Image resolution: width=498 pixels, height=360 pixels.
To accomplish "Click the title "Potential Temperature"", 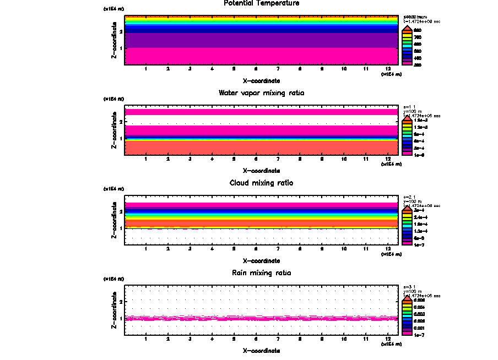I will (x=262, y=3).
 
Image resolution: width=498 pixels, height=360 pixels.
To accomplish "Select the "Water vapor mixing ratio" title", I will (x=262, y=92).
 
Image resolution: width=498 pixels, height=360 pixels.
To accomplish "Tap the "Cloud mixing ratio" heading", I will (x=262, y=182).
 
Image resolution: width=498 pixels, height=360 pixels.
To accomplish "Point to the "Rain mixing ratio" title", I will (x=262, y=272).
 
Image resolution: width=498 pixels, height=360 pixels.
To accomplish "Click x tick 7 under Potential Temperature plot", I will (x=278, y=69).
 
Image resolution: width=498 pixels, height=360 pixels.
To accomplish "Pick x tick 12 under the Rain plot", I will (x=388, y=339).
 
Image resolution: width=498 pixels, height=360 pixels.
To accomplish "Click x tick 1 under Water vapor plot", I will (x=145, y=159).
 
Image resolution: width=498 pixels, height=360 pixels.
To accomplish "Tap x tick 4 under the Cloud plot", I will (x=212, y=249).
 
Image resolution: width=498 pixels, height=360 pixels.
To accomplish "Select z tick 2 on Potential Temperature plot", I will (x=121, y=32).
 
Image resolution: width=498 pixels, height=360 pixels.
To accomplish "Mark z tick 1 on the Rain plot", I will (x=121, y=319).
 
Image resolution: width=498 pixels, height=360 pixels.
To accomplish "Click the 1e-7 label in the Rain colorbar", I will (x=419, y=334).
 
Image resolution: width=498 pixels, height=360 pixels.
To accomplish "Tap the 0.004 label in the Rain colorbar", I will (x=419, y=307).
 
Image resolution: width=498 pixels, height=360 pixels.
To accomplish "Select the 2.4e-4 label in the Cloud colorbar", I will (x=420, y=217).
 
